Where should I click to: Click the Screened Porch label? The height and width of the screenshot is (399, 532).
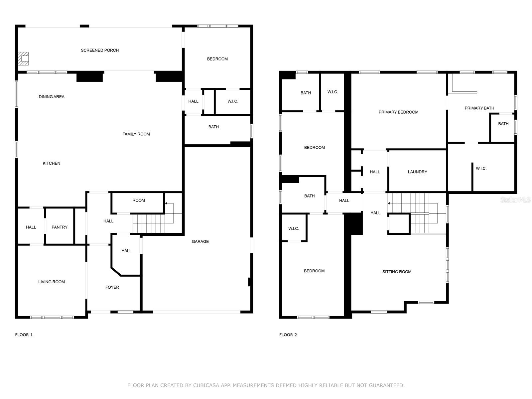tap(100, 50)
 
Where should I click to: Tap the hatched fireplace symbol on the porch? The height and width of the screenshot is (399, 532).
tap(23, 58)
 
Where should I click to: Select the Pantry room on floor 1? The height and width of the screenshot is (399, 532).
tap(60, 227)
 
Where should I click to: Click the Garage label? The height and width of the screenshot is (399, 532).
tap(200, 241)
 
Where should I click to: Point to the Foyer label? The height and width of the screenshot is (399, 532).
tap(112, 287)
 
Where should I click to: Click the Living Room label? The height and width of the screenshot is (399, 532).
tap(52, 282)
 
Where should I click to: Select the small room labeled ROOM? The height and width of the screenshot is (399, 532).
tap(139, 200)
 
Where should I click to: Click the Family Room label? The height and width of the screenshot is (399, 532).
tap(136, 134)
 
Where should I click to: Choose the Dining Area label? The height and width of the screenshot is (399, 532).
tap(52, 97)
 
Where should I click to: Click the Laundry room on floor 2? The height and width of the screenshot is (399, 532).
tap(417, 172)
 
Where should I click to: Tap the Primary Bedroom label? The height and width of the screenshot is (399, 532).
tap(398, 112)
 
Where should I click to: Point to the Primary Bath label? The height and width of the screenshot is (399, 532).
tap(479, 108)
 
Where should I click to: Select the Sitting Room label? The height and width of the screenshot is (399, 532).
tap(397, 272)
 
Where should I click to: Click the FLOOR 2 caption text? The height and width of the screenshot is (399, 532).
tap(288, 335)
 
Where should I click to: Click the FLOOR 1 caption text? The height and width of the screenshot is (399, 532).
tap(24, 335)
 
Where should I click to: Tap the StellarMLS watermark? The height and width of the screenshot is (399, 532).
tap(515, 199)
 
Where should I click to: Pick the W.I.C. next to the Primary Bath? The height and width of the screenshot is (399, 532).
tap(481, 169)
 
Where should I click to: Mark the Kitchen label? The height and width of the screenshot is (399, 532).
tap(52, 163)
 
